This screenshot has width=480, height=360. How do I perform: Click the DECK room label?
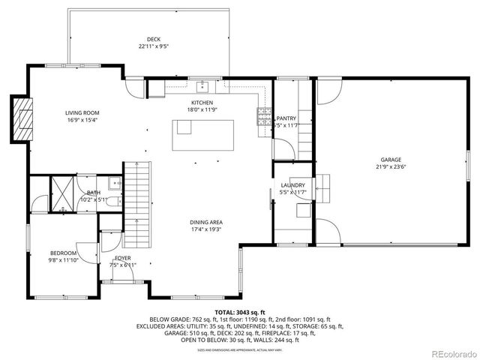point(154,40)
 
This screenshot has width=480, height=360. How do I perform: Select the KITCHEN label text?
point(202,103)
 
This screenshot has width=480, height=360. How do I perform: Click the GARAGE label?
point(391,160)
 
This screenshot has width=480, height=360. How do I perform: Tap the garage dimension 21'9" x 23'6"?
point(391,166)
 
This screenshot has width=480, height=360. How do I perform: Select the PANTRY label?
point(286,118)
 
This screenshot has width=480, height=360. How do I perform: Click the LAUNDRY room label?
point(292,185)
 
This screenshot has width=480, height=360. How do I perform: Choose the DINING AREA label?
point(205,222)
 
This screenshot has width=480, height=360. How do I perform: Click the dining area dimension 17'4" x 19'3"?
point(205,229)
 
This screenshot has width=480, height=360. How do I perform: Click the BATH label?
point(93,193)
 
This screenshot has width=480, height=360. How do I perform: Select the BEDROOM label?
point(64,253)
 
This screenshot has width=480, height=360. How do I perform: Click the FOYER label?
point(123,258)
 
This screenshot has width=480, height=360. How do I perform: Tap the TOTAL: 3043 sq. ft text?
point(240,312)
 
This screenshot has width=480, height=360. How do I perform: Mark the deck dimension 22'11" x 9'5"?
point(154,46)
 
